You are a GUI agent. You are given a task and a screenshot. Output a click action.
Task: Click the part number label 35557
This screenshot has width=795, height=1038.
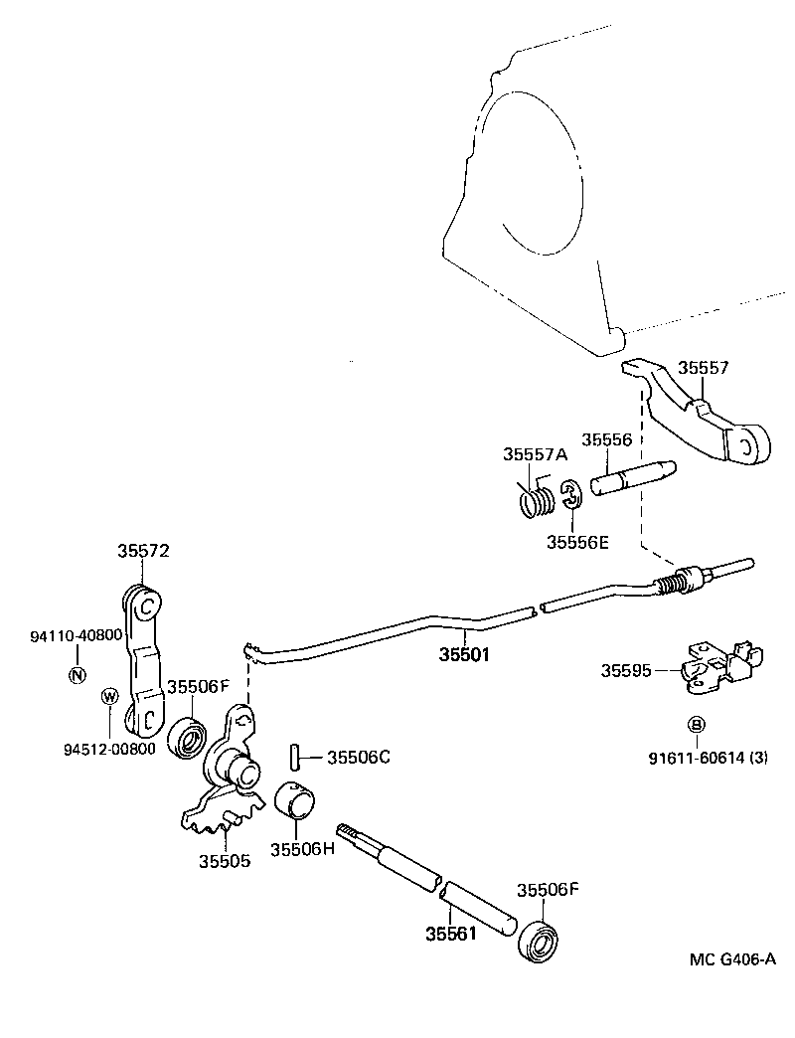(x=704, y=368)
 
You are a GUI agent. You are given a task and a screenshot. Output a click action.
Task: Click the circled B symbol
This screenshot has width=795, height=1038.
(x=698, y=724)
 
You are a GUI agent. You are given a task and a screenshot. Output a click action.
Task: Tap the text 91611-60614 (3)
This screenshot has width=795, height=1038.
(x=709, y=758)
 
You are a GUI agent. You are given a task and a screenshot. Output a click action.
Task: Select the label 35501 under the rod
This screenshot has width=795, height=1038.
(x=465, y=656)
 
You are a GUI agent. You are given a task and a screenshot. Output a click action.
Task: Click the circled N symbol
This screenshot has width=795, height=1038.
(x=77, y=676)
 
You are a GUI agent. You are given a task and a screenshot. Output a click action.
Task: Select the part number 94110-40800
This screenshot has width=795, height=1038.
(x=76, y=634)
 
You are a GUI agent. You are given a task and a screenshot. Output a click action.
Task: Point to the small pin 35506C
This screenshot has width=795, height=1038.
(x=295, y=757)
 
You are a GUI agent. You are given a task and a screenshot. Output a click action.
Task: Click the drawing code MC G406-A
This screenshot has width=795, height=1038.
(x=732, y=959)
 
